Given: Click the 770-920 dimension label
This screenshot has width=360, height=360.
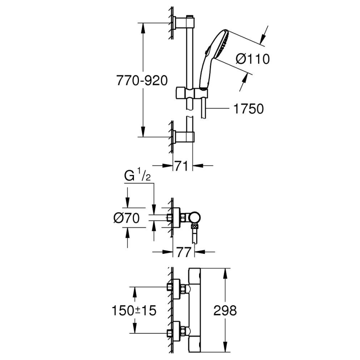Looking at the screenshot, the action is pos(142,80).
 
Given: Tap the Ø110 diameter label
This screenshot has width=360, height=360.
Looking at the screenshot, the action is pos(252,58).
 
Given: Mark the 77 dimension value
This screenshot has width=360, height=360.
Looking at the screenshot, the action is pos(183,252).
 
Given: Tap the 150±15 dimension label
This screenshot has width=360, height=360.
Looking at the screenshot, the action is pos(134,310).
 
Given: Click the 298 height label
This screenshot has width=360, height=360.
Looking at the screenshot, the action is pos(225,309).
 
